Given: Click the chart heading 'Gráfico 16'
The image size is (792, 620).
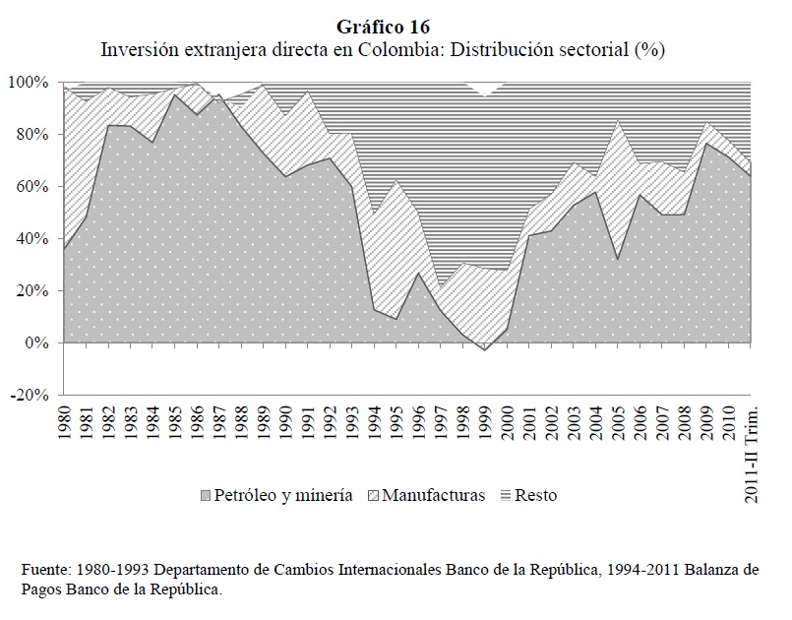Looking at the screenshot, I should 396,27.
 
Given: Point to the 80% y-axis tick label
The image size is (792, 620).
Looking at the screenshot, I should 30,134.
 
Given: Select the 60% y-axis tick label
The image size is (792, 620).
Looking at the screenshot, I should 30,186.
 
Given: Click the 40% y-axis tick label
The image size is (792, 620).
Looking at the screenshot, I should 30,238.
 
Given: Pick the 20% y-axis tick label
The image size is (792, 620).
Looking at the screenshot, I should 30,290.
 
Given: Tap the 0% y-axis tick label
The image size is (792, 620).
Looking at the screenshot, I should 34,342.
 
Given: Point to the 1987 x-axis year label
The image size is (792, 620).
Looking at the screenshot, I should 216,424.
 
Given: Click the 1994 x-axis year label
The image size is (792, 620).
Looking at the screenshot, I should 374,424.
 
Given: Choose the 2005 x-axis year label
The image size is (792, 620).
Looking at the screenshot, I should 617,424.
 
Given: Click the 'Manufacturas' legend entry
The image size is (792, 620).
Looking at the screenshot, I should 432,495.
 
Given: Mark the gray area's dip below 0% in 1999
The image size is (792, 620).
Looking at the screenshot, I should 483,347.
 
